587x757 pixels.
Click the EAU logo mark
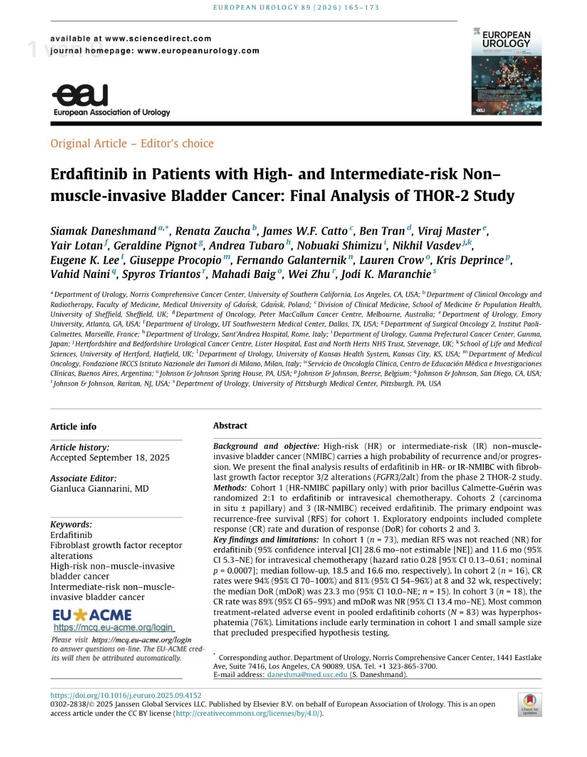pos(81,95)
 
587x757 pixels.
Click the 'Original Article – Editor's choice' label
pos(132,143)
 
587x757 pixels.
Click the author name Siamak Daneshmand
pos(103,231)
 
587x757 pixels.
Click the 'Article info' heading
pos(73,427)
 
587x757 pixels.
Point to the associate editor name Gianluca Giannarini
pos(99,489)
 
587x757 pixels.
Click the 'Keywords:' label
pos(71,525)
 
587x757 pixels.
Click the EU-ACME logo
pos(92,615)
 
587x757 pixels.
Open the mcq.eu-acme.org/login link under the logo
pos(113,628)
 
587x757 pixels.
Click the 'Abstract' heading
pos(230,425)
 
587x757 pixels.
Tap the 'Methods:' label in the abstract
pos(230,488)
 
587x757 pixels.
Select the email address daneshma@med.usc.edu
pos(307,675)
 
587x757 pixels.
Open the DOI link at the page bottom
pos(126,695)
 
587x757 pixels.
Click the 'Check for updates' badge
pos(529,704)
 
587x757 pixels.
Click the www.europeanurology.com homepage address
pos(198,51)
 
